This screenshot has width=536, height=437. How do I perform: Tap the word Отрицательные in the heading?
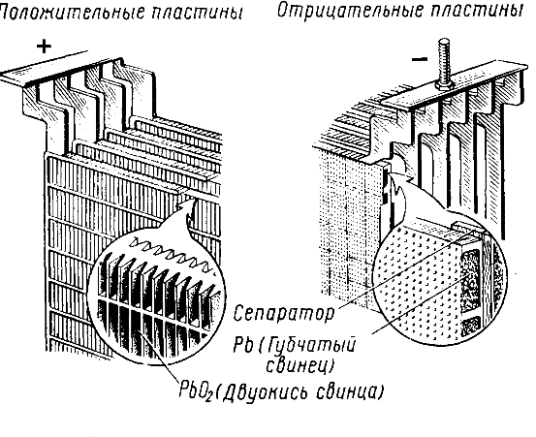coord(348,12)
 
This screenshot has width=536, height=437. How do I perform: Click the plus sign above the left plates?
coord(44,47)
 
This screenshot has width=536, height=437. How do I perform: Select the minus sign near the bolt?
coord(420,60)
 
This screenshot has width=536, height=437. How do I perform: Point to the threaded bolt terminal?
coord(444,64)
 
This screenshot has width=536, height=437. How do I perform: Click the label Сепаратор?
coord(283,314)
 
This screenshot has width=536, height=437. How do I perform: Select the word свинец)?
coord(300,365)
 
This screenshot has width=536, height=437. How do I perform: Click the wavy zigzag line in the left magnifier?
coord(172,254)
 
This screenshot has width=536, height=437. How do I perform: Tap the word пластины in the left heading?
coord(196,14)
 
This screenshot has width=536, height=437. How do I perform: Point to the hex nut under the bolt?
coord(444,86)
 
